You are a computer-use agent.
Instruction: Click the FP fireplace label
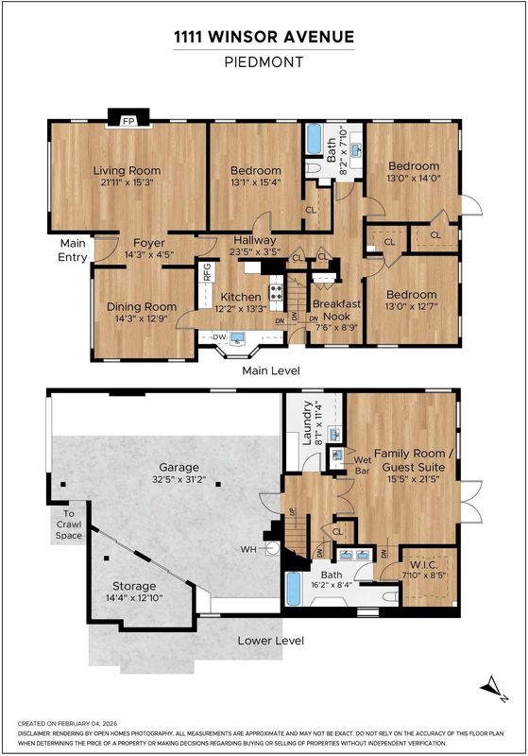[x=128, y=121]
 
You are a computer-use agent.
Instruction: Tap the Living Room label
[x=128, y=170]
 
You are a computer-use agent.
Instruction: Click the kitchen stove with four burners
[x=276, y=291]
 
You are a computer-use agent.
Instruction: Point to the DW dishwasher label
[x=220, y=337]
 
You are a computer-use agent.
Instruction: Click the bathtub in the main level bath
[x=315, y=139]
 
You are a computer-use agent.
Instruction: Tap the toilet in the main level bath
[x=314, y=167]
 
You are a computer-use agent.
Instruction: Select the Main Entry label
[x=73, y=249]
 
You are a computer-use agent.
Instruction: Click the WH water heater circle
[x=273, y=549]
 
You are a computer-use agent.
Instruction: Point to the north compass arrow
[x=493, y=686]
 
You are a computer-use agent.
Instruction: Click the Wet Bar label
[x=363, y=465]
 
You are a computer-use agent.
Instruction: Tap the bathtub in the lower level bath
[x=294, y=589]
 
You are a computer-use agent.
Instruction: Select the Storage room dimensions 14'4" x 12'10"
[x=134, y=598]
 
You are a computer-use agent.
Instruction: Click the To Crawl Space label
[x=69, y=524]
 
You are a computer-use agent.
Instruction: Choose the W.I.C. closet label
[x=424, y=564]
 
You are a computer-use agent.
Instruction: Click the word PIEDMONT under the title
[x=264, y=62]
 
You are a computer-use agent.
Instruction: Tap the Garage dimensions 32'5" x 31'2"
[x=179, y=479]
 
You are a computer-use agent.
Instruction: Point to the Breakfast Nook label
[x=337, y=310]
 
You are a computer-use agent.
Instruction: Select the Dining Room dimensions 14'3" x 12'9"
[x=141, y=318]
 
